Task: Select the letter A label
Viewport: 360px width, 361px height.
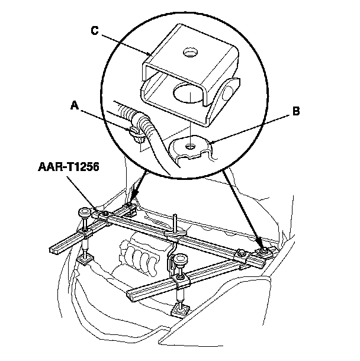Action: [x=74, y=105]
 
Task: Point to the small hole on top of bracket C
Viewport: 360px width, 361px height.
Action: [x=190, y=53]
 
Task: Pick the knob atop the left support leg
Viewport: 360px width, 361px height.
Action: [x=85, y=211]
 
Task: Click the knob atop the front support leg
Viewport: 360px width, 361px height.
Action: [x=181, y=258]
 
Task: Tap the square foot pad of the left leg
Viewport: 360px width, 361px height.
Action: [x=85, y=259]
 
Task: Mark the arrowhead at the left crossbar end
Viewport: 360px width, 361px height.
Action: [x=133, y=199]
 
